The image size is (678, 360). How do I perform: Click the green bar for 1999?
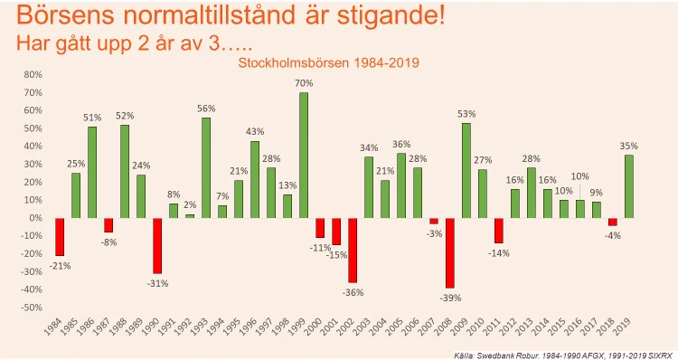[x=304, y=155]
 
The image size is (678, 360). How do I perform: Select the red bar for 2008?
[x=450, y=252]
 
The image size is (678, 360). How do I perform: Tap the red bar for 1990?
[x=157, y=246]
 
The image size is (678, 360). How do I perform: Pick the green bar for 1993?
[x=206, y=168]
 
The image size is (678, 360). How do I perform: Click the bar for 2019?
[x=629, y=186]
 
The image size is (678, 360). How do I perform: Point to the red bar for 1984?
[x=60, y=237]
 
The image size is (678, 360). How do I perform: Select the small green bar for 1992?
[x=190, y=216]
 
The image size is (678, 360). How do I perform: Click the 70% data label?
[x=304, y=83]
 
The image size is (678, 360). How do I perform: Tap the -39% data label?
[x=450, y=298]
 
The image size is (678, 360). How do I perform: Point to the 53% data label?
[x=466, y=114]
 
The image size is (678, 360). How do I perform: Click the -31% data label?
[x=158, y=283]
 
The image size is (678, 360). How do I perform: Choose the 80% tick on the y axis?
[x=33, y=74]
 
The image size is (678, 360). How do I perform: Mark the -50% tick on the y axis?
[x=32, y=308]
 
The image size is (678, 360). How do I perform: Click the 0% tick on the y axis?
[x=35, y=218]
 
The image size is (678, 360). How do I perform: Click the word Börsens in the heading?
[x=66, y=15]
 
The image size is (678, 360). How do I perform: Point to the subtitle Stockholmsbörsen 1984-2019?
[x=329, y=62]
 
